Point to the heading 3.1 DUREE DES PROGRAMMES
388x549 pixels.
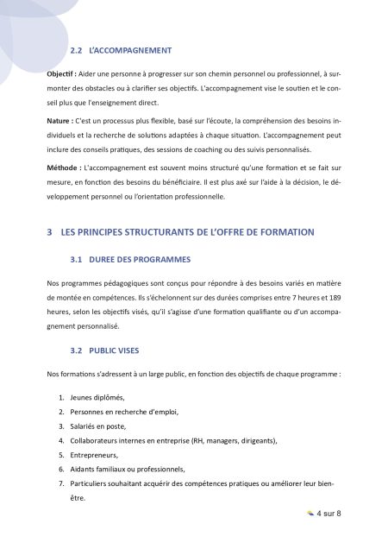click(130, 259)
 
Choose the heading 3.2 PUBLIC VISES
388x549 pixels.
click(107, 351)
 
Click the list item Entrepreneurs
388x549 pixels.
click(97, 454)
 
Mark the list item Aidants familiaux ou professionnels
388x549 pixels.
click(128, 469)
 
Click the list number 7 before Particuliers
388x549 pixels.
click(60, 483)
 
